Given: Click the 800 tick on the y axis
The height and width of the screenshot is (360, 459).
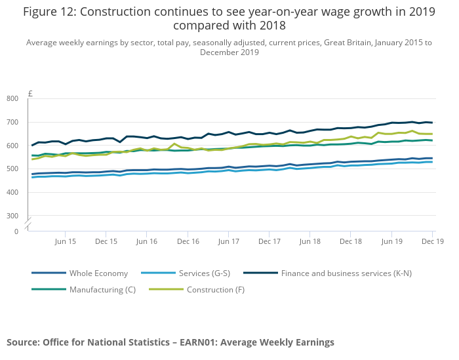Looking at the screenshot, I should pos(12,98).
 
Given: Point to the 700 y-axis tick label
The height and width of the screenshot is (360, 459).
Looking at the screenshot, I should pos(12,122).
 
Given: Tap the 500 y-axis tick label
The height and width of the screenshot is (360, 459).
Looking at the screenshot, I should pos(12,169).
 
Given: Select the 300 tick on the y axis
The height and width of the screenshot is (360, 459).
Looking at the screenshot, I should pos(12,216).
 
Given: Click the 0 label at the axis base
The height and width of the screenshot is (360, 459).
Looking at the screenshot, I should pos(16,231).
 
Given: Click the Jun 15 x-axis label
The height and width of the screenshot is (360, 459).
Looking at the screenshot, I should pos(65,241).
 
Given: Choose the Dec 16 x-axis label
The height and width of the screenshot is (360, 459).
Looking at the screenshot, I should pos(188,241).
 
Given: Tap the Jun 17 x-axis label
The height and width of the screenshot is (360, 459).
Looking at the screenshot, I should pos(228,241).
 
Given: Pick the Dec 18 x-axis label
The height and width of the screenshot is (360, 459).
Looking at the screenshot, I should pos(351,241).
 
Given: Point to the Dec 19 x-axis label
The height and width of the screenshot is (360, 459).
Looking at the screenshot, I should pos(432,241).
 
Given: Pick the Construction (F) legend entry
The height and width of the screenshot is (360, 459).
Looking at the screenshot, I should pos(210,289).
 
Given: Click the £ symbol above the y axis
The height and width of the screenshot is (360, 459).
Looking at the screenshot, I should pos(30,94).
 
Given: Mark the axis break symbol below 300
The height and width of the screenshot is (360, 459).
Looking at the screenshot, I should pos(28,224).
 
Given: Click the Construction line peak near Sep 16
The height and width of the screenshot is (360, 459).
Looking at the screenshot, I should pos(174,144).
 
